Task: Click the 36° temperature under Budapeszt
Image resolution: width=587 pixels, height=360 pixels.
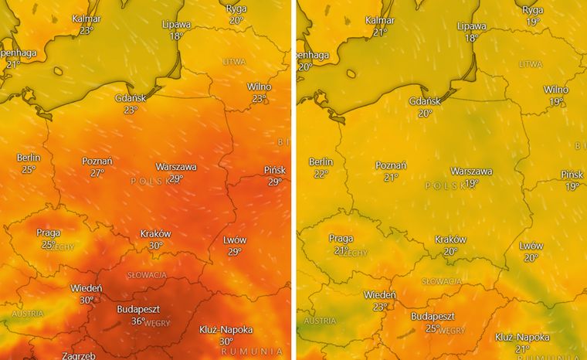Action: [137, 321]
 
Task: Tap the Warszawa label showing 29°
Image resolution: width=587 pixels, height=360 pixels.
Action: [176, 167]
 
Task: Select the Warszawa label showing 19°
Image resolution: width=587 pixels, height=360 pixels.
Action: [471, 172]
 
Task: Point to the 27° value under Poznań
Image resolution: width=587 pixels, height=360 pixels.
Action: [97, 173]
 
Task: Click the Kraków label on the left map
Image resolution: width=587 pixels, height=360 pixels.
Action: [156, 234]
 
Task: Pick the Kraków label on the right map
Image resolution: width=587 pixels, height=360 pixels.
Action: [450, 239]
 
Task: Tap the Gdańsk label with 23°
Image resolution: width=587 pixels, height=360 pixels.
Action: [130, 99]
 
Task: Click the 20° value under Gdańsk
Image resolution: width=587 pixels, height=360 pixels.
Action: [425, 113]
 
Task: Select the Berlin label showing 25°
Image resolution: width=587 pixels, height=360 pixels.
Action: [29, 158]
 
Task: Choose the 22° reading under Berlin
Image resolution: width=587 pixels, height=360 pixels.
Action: [321, 174]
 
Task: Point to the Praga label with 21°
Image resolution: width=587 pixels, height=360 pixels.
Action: [341, 239]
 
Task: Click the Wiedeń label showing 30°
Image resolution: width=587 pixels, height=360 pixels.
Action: [87, 288]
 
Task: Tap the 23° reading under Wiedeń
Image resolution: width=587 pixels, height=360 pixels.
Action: [379, 307]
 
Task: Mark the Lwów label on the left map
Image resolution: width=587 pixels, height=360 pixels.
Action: [234, 240]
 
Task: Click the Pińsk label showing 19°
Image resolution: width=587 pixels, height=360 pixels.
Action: [572, 175]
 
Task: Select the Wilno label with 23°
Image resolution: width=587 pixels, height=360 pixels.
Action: [259, 87]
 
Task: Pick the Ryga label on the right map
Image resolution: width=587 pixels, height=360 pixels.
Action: [533, 10]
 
